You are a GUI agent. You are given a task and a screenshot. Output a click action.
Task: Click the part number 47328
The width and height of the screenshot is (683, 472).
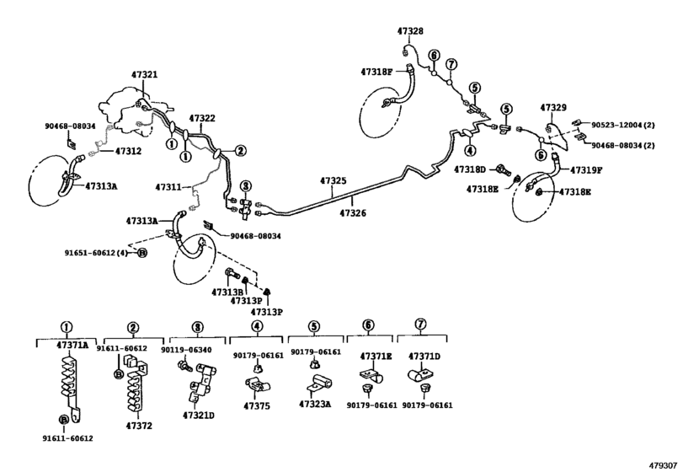410,31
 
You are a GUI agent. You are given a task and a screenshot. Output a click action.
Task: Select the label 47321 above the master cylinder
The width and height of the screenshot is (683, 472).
144,74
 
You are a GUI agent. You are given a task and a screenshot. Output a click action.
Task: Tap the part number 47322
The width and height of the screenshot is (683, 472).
202,118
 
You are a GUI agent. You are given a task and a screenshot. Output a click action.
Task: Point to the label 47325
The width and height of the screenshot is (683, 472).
333,180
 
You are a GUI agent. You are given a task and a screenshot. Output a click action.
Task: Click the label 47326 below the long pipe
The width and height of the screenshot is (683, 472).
353,213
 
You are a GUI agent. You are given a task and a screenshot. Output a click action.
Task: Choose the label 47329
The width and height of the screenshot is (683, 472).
553,107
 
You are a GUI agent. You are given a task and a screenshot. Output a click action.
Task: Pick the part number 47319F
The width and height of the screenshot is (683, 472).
586,170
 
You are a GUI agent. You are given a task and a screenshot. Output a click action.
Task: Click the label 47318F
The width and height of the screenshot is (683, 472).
376,72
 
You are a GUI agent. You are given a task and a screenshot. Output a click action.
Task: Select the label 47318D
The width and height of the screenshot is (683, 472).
470,169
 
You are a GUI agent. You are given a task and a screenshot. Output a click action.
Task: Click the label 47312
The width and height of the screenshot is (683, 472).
128,151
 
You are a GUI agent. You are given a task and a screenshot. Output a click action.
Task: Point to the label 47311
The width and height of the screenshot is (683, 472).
168,187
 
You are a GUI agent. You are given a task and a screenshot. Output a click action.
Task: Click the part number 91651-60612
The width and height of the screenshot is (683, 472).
91,253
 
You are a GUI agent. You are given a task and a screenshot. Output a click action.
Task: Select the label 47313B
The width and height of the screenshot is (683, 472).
227,292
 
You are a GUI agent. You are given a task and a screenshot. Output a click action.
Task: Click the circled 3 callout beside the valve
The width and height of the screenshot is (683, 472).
246,186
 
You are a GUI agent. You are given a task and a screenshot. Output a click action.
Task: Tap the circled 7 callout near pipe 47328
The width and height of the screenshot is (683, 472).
451,64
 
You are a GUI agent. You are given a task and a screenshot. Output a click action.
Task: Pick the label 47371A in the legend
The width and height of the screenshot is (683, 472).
72,346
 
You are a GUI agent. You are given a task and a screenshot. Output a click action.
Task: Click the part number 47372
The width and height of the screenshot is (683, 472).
139,426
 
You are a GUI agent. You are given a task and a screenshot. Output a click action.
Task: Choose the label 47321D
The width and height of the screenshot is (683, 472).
198,415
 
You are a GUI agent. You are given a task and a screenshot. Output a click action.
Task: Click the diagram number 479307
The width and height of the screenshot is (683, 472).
664,465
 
